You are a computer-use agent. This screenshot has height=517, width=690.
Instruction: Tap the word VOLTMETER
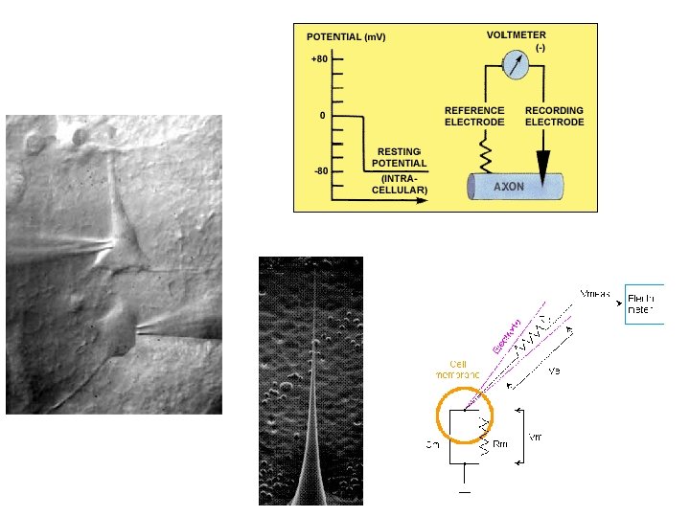tap(516, 34)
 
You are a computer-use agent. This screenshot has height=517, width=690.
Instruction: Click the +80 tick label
tap(318, 59)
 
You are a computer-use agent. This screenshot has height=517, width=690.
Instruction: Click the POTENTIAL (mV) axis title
tap(346, 37)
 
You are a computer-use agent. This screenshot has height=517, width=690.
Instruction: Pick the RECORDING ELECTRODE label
tap(554, 117)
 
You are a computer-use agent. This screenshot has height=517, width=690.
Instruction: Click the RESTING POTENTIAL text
tap(399, 158)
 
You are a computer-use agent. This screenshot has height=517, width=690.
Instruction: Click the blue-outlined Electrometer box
tap(644, 304)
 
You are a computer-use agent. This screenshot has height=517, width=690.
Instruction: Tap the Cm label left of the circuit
tap(433, 444)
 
